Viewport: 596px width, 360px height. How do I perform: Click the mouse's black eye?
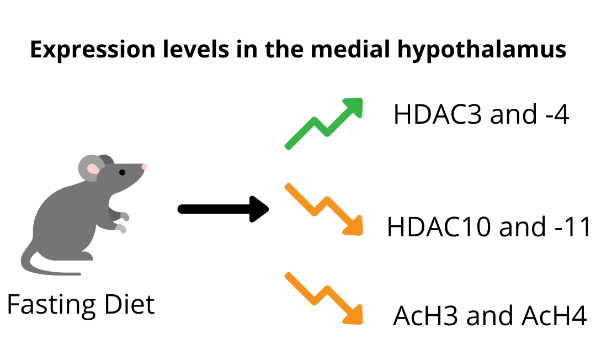[122, 172]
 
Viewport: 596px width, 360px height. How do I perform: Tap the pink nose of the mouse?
[145, 166]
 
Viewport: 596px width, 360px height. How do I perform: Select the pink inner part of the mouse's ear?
[93, 169]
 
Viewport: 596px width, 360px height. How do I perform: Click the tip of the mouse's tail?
[79, 273]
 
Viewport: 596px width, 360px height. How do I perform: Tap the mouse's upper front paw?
[125, 216]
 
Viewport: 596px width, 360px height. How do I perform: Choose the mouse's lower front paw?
[121, 228]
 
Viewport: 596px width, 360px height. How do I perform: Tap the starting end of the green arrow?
[288, 147]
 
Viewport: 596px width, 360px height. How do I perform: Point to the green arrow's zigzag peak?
[315, 120]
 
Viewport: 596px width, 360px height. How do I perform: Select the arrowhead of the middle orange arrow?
[355, 227]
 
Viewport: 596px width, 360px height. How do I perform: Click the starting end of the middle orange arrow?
[288, 186]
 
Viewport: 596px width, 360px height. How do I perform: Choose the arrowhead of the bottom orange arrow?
[355, 316]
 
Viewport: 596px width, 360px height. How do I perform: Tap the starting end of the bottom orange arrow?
[288, 275]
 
